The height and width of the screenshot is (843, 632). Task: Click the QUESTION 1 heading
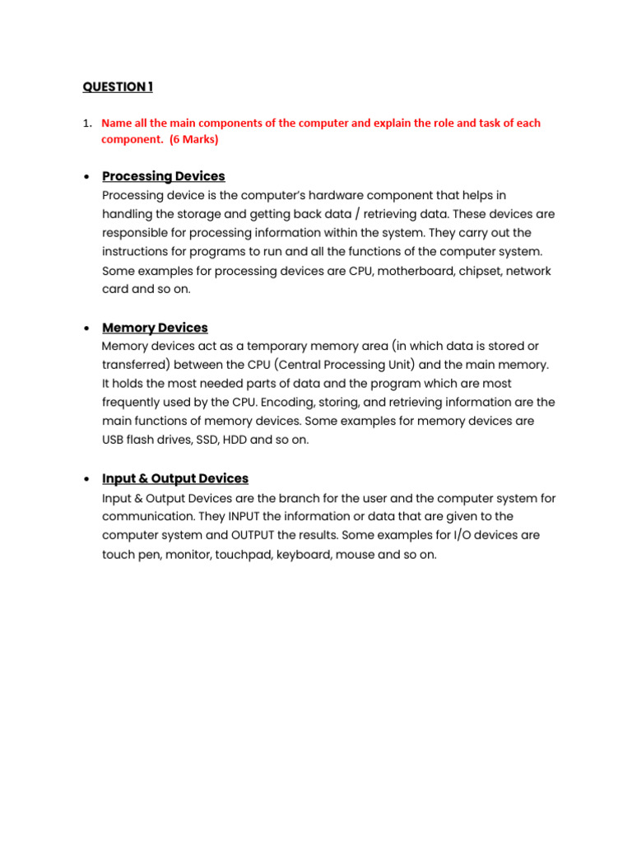117,87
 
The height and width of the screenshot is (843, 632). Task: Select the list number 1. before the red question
86,123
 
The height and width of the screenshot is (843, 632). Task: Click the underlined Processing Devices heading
163,176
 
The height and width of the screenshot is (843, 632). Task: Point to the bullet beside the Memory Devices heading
86,328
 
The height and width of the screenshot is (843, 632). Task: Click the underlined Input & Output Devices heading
174,478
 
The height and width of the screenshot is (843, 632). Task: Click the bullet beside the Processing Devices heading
86,177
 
